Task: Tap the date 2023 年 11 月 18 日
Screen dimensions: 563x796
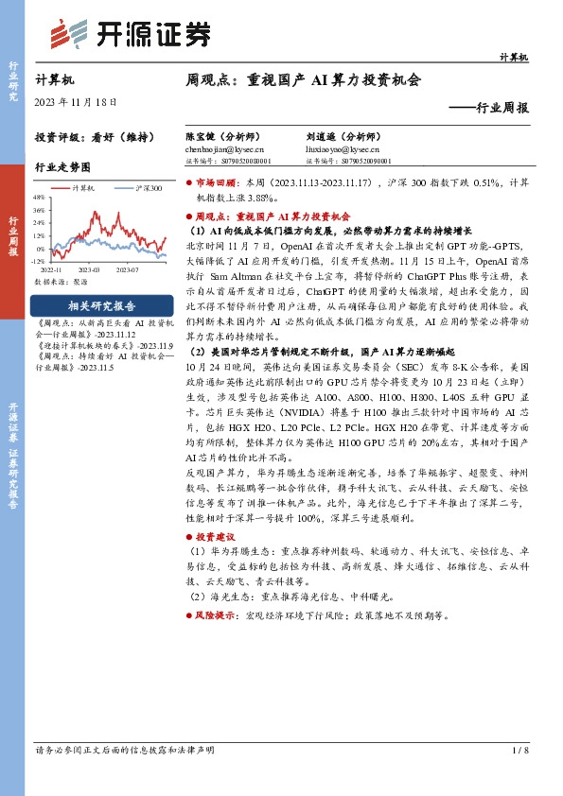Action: point(75,103)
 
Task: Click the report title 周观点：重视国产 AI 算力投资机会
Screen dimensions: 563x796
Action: point(303,81)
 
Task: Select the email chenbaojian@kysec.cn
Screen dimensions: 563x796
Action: point(224,149)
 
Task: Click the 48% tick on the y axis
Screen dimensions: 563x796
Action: point(39,198)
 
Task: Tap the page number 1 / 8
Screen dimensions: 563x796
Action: point(519,750)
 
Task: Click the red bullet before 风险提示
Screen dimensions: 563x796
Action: point(188,614)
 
